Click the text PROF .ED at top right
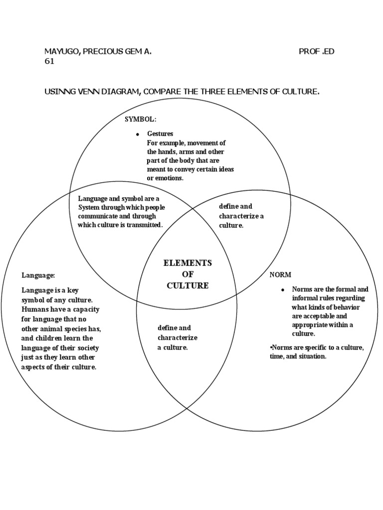pyautogui.click(x=316, y=52)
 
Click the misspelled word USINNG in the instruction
pyautogui.click(x=59, y=92)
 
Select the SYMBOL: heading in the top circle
pyautogui.click(x=141, y=120)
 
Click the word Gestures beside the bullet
pyautogui.click(x=160, y=134)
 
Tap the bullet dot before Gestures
pyautogui.click(x=137, y=135)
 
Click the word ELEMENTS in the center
pyautogui.click(x=188, y=263)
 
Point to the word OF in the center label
pyautogui.click(x=188, y=274)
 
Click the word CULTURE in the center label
pyautogui.click(x=188, y=285)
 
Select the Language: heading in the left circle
pyautogui.click(x=38, y=275)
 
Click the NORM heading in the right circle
pyautogui.click(x=280, y=275)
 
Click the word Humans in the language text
pyautogui.click(x=34, y=309)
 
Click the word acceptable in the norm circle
pyautogui.click(x=326, y=316)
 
